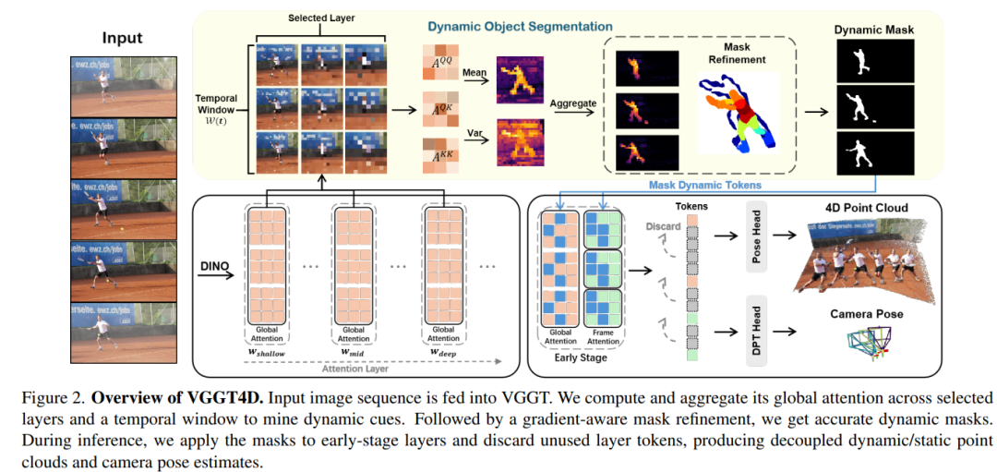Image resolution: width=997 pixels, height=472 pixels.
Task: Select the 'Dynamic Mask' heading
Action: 873,30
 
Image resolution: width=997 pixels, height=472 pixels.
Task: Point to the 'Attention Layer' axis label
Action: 359,367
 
